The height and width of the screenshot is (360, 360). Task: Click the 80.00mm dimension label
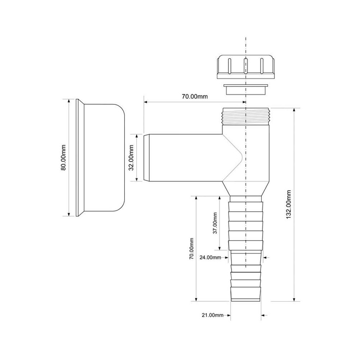tap(63, 158)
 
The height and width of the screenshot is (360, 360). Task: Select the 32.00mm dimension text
tap(131, 158)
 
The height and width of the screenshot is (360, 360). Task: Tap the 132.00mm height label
tap(289, 204)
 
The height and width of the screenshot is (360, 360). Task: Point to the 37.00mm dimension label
tap(215, 223)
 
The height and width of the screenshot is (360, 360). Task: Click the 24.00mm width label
tap(210, 257)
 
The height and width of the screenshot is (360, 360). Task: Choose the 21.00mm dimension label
tap(212, 315)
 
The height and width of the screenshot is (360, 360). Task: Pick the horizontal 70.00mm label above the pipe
tap(195, 96)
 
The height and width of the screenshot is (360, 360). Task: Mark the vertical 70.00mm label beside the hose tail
tap(192, 249)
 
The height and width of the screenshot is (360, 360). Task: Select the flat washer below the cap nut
tap(246, 89)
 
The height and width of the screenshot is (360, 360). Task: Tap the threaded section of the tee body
tap(246, 116)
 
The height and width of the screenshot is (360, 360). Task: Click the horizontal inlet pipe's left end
tap(145, 158)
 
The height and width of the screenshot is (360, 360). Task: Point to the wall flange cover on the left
tap(100, 158)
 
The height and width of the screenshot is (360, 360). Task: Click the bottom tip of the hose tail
tap(246, 300)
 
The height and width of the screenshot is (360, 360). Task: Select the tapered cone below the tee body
tap(246, 189)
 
